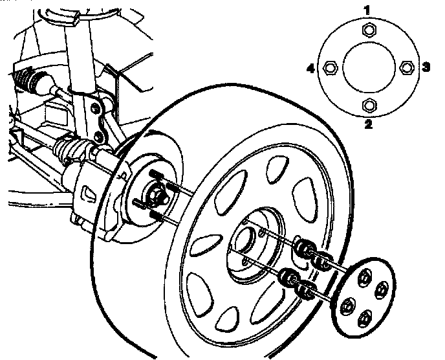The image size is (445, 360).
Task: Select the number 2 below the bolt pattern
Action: (369, 125)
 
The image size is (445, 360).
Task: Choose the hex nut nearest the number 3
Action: (407, 67)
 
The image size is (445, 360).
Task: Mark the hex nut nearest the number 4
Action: (330, 67)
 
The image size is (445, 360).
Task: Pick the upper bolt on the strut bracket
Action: (97, 106)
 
